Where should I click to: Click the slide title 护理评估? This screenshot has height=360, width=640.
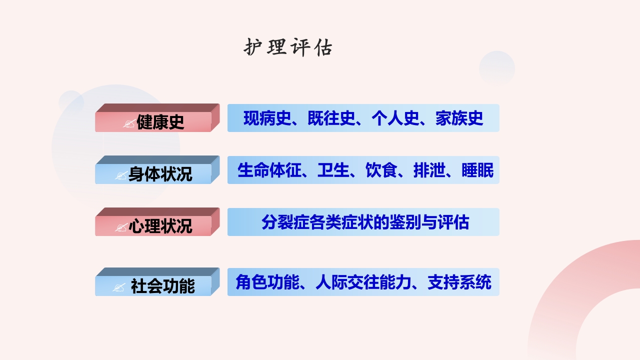[x=288, y=48]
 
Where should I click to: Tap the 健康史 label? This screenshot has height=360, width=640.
[x=160, y=122]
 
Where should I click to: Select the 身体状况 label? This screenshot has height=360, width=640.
[x=160, y=174]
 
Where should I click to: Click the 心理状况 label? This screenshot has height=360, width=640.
[x=160, y=226]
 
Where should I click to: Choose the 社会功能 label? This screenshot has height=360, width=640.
[x=162, y=286]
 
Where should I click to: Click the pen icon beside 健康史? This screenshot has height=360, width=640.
[x=129, y=123]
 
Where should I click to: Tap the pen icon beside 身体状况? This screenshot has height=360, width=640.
[x=121, y=175]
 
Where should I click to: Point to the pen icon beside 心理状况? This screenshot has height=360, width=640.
[x=121, y=227]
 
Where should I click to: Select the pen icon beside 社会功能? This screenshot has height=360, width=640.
[x=119, y=287]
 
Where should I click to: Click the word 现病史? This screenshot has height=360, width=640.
[x=267, y=118]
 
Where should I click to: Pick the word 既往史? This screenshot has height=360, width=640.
[x=331, y=118]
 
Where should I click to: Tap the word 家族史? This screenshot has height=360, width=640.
[x=459, y=118]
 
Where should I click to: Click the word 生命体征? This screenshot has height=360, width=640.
[x=269, y=170]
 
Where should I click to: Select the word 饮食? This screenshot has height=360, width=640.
[x=381, y=170]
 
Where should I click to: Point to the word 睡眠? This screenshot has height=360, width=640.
[x=477, y=170]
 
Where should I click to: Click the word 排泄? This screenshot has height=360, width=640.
[x=429, y=170]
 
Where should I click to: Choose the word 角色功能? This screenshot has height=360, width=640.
[x=267, y=282]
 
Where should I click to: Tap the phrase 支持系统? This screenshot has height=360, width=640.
[x=459, y=282]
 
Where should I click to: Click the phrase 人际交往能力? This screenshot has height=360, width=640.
[x=363, y=282]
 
